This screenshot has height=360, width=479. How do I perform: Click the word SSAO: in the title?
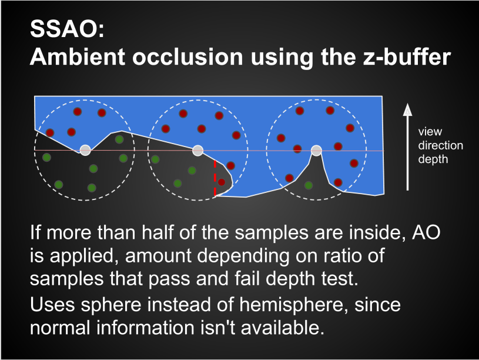(67, 29)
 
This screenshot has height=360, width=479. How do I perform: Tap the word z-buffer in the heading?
(407, 57)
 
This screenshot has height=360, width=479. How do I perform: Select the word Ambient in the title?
(78, 57)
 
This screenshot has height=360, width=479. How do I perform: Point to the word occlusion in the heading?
(187, 57)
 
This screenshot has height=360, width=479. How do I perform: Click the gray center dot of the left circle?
(85, 150)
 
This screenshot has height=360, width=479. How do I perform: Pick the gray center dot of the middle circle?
(198, 151)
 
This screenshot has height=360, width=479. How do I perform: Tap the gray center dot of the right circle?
(316, 151)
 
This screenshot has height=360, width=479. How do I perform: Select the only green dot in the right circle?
(309, 185)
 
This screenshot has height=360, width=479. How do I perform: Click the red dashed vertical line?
(215, 178)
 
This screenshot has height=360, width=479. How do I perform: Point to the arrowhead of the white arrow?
(407, 109)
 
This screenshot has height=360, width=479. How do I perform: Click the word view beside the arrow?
(430, 132)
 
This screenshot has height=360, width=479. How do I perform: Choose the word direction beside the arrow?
(441, 146)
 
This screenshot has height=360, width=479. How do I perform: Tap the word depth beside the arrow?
(433, 159)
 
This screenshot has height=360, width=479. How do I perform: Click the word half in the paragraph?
(158, 232)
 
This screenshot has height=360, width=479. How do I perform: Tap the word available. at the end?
(283, 328)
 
